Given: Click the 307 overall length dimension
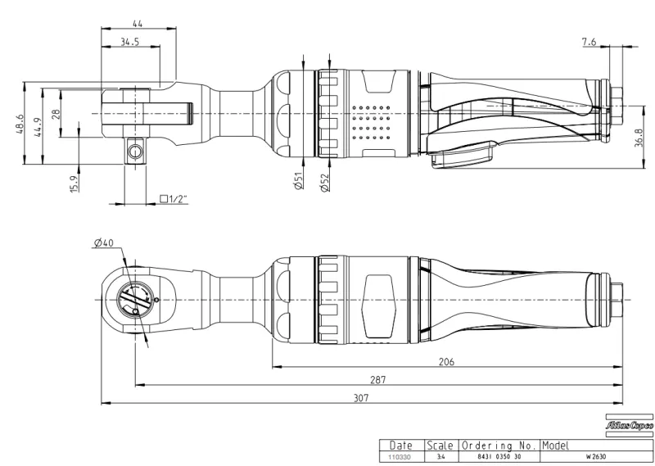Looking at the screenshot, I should pyautogui.click(x=361, y=397).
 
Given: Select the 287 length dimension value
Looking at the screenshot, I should pyautogui.click(x=377, y=379).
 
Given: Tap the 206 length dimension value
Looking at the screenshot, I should pyautogui.click(x=446, y=360).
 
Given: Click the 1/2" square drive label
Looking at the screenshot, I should pyautogui.click(x=174, y=199).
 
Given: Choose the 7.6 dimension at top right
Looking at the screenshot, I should pyautogui.click(x=590, y=41).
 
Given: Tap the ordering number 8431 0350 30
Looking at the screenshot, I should pyautogui.click(x=498, y=455).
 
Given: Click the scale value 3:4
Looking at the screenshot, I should pyautogui.click(x=442, y=455).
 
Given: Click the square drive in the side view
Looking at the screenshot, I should pyautogui.click(x=133, y=152).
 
